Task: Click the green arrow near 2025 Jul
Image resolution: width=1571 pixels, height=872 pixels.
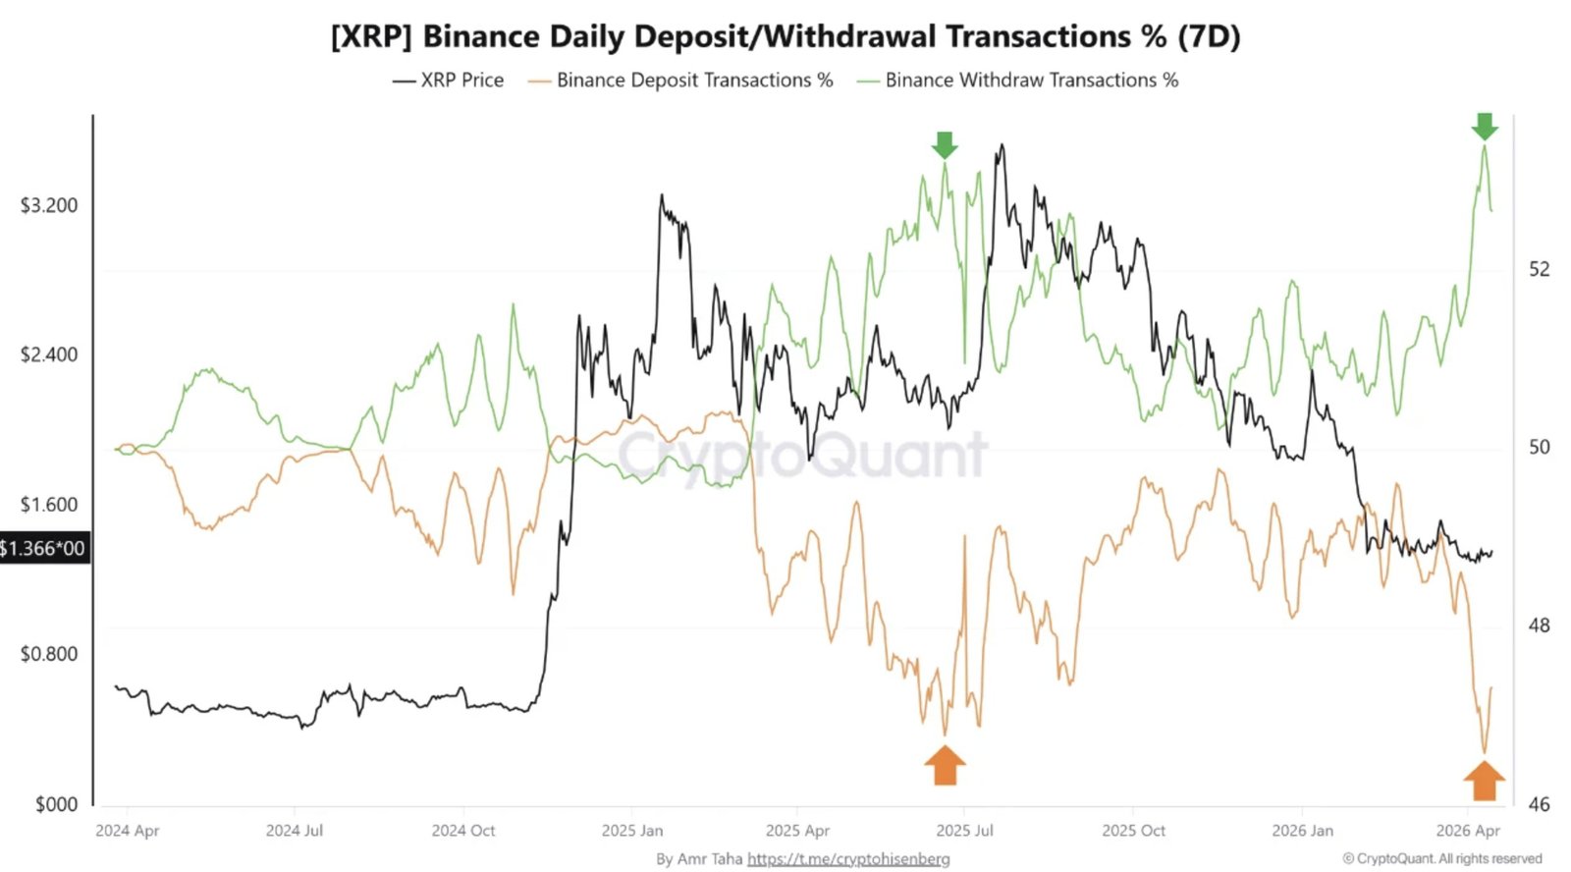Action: click(944, 145)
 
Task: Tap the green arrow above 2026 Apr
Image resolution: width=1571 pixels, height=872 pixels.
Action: click(1484, 126)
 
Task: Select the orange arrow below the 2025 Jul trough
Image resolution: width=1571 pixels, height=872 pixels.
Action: click(945, 765)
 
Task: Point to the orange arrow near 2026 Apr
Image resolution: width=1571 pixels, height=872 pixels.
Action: click(1484, 781)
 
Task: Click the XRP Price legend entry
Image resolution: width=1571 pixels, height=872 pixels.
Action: click(449, 81)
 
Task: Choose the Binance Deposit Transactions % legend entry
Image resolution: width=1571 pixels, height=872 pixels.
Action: click(680, 81)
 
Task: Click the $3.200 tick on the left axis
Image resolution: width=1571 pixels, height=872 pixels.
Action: click(49, 205)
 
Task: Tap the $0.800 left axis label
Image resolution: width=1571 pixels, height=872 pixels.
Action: click(49, 654)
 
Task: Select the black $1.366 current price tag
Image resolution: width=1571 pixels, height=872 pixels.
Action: click(43, 548)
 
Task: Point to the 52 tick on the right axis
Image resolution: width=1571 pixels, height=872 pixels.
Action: click(1539, 269)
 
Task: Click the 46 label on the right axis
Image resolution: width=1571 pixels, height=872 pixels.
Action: click(1539, 804)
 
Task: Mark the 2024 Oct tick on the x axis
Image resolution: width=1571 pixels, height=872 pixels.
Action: click(463, 831)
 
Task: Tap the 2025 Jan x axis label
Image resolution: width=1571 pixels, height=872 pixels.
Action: click(632, 831)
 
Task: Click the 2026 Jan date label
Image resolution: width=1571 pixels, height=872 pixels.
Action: click(1302, 831)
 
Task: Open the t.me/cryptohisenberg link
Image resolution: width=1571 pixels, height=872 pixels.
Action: click(848, 859)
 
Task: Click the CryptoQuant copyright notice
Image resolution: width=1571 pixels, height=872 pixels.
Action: click(1441, 859)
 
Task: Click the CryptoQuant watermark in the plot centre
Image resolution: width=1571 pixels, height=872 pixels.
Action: click(801, 455)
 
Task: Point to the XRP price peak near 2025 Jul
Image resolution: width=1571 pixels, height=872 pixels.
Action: click(1002, 146)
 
